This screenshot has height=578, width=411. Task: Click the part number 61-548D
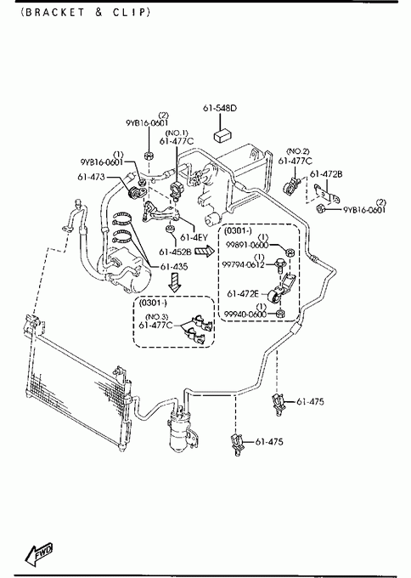pos(220,108)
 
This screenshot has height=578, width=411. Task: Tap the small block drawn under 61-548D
pos(222,135)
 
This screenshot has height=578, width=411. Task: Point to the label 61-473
pos(91,177)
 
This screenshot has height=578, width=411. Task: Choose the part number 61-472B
pos(326,174)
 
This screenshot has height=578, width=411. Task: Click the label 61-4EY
pos(194,238)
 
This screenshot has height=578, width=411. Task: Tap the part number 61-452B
pos(175,252)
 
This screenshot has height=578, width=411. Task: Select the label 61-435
pos(174,267)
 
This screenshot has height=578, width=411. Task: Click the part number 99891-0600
pos(247,245)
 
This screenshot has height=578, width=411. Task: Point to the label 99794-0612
pos(243,264)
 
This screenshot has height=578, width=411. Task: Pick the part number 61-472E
pos(243,294)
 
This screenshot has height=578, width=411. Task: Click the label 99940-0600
pos(245,314)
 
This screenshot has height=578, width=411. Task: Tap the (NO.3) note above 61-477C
pos(157,317)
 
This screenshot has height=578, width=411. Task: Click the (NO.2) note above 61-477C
pos(298,151)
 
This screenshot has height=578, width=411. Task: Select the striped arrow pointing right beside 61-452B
pos(205,252)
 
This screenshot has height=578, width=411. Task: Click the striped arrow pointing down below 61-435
pos(176,283)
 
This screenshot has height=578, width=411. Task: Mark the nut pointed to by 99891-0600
pos(290,253)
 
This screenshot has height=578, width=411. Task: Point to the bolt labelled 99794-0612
pos(278,265)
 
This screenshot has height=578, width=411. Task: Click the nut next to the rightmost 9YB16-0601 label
pos(321,208)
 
